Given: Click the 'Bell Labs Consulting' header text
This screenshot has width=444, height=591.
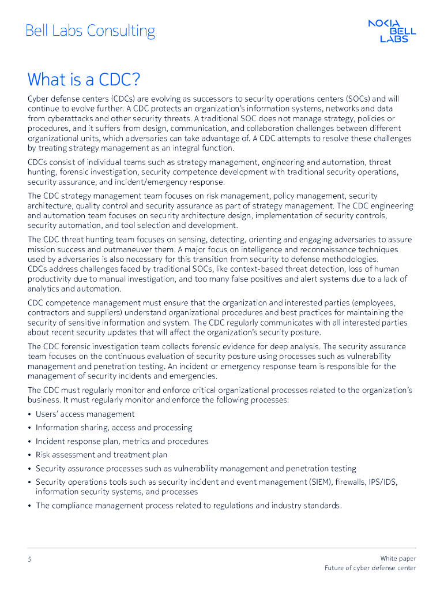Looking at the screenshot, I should point(90,31).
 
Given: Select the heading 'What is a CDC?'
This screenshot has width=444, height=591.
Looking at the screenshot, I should point(84,78).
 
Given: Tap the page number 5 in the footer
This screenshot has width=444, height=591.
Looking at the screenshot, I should point(29,559).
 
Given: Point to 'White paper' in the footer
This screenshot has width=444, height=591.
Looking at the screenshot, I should point(398,558).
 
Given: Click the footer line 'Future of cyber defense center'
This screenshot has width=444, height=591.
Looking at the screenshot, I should point(370,568).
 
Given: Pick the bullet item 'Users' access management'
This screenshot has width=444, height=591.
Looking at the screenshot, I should point(85,414).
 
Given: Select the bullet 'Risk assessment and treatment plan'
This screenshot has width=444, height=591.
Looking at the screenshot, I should point(101,455).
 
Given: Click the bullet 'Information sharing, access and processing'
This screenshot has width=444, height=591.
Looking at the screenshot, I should point(114,428).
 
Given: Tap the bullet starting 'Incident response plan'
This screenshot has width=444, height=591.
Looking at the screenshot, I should point(122,441).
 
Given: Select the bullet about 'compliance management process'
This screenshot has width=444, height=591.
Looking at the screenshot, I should point(189,506).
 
